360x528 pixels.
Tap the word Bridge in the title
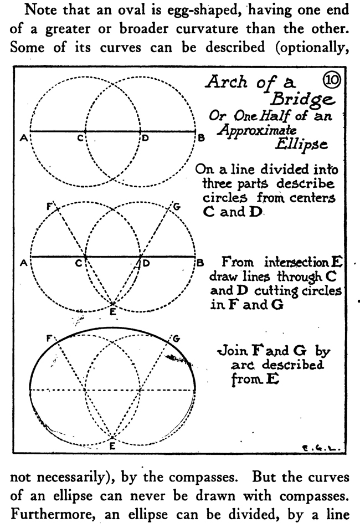point(301,100)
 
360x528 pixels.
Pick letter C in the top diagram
point(80,139)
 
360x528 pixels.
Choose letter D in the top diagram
point(146,139)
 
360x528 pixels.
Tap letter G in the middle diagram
point(176,207)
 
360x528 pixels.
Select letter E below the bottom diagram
point(112,443)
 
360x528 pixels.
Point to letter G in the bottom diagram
point(176,338)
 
